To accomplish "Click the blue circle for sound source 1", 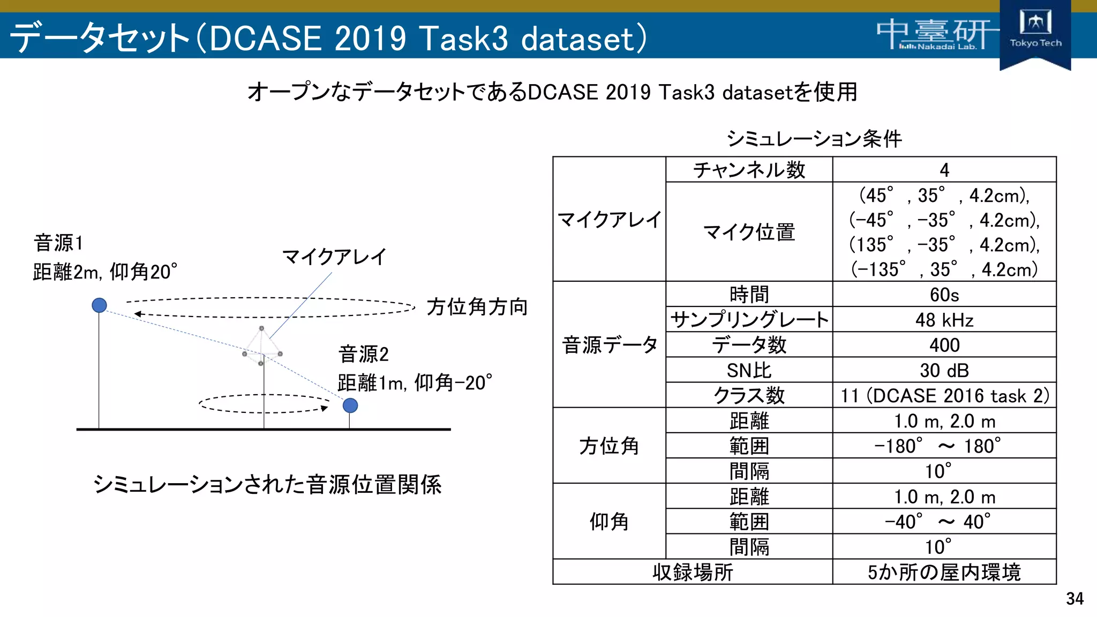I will click(99, 305).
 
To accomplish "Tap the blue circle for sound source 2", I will click(350, 405).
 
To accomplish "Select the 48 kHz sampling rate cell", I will click(944, 320).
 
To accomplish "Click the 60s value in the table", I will click(944, 295).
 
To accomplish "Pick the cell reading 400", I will click(944, 345).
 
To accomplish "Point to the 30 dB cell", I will click(944, 370).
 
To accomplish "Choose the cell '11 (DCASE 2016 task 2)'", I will click(944, 395).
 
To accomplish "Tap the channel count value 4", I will click(944, 170).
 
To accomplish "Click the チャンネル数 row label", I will click(749, 170).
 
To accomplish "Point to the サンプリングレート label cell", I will click(749, 320).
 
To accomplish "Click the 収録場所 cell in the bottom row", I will click(692, 572).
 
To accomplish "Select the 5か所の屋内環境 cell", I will click(944, 572).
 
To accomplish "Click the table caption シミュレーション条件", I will click(814, 139).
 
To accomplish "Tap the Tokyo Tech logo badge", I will click(1035, 33).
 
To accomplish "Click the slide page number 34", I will click(1075, 598).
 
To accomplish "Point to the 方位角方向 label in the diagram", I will click(477, 307).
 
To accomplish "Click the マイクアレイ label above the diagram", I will click(334, 257).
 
